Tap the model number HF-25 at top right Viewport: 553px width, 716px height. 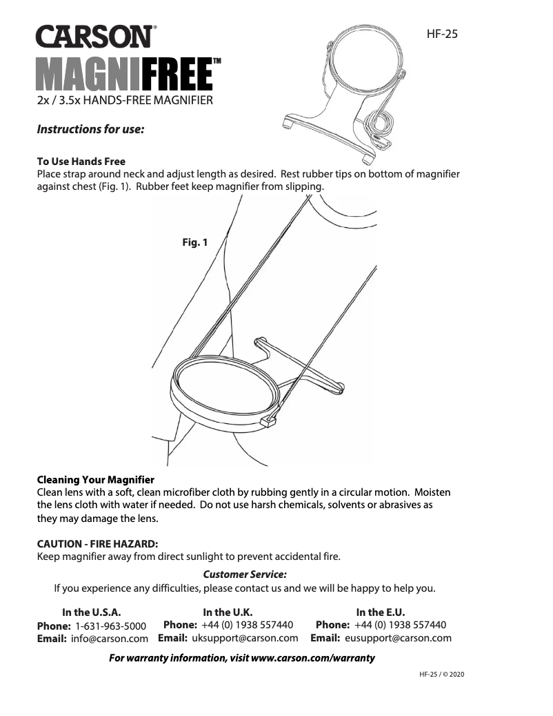(443, 33)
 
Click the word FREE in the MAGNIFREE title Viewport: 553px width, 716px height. (176, 76)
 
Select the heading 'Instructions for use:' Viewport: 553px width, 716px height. (90, 129)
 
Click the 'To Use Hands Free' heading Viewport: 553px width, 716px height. (81, 161)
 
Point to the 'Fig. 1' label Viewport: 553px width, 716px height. (194, 242)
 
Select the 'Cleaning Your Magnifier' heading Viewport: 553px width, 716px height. (95, 479)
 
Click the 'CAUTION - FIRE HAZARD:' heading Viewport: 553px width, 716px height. (97, 543)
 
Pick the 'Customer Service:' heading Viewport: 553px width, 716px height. (245, 574)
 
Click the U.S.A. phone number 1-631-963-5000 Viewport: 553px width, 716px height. (110, 626)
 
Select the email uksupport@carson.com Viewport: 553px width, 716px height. (245, 638)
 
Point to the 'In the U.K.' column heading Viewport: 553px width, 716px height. (228, 612)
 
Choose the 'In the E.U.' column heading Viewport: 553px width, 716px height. (380, 612)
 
